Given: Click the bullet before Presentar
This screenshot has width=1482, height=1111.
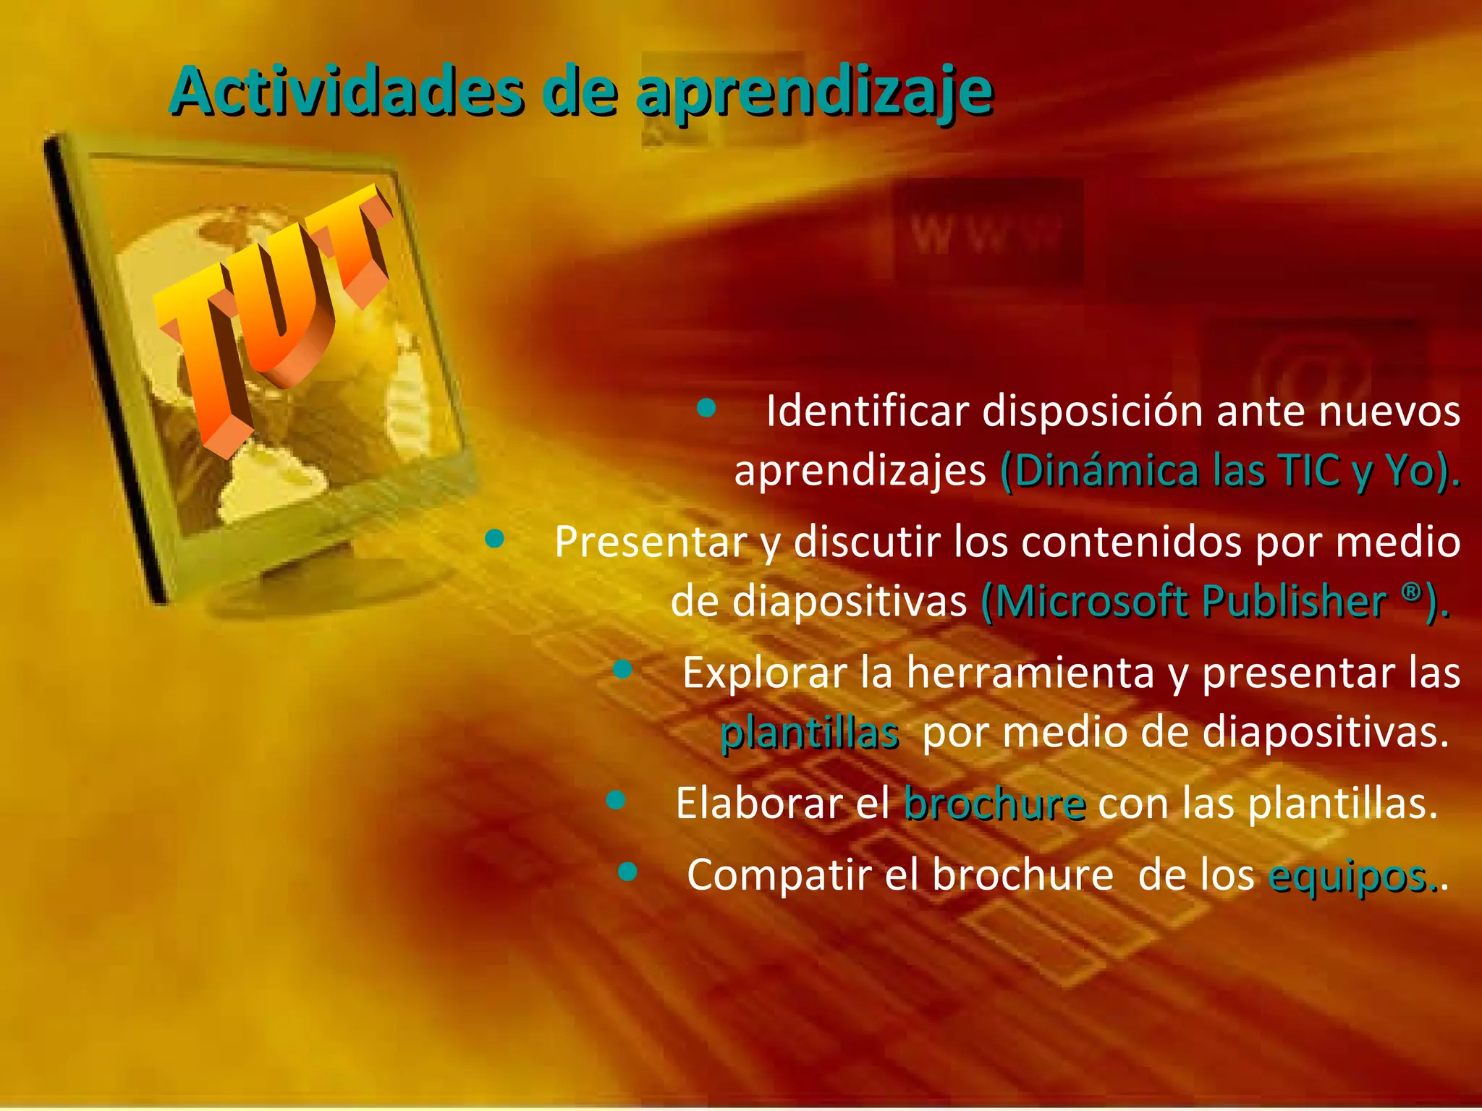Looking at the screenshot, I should pos(495,538).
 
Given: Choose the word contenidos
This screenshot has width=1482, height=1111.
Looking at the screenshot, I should pos(1132,541).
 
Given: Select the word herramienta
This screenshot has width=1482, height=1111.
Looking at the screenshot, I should pos(1030,673).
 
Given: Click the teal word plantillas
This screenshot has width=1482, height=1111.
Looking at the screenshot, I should pos(810,733).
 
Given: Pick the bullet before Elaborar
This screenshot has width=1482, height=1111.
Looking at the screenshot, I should pos(616,799).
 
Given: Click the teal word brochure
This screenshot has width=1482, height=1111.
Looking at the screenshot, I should pos(994,803).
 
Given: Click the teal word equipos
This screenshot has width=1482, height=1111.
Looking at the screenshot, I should pos(1349,877).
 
